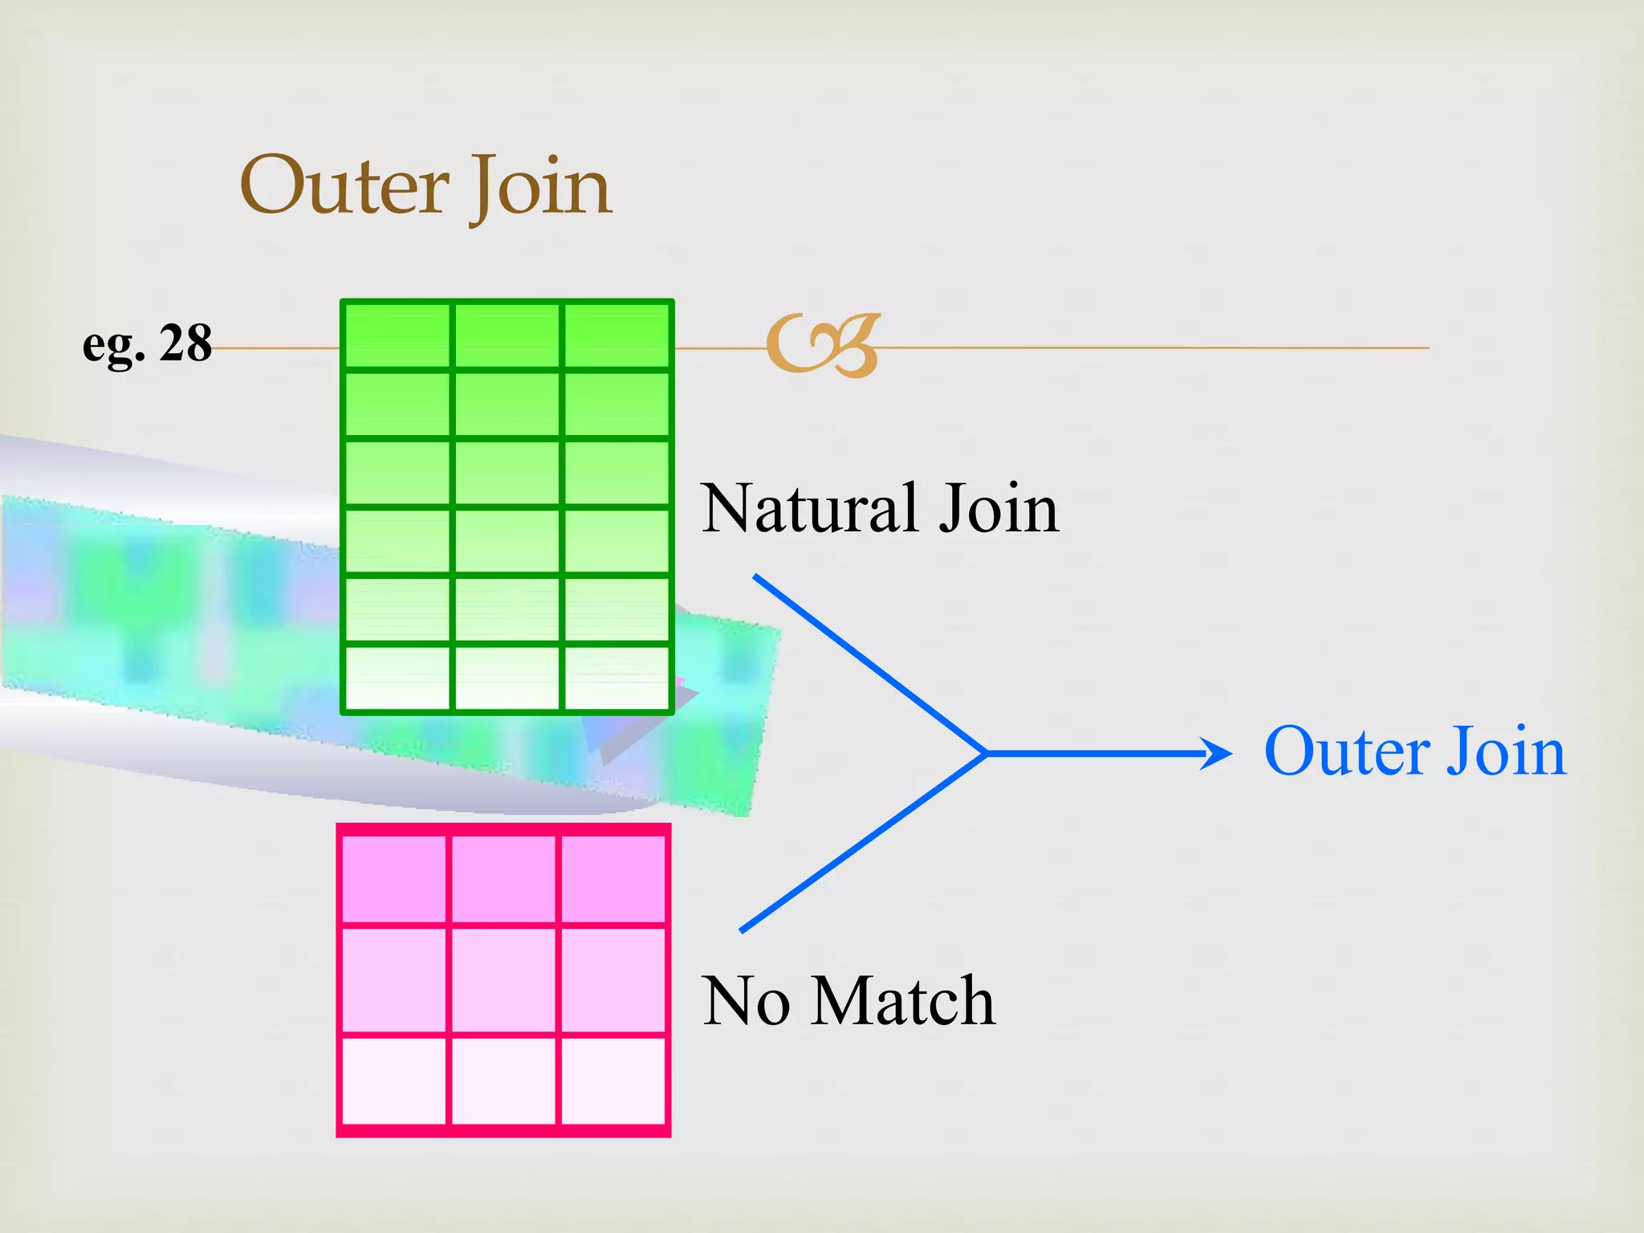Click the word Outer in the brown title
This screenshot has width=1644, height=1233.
click(344, 186)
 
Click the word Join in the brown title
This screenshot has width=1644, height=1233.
click(541, 186)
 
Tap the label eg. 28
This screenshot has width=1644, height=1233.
click(147, 344)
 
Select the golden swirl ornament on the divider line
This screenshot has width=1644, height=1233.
click(823, 345)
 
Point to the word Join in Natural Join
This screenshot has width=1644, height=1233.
click(999, 508)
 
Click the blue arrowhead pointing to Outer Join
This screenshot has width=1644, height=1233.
click(1219, 754)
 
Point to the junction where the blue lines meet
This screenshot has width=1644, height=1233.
click(986, 754)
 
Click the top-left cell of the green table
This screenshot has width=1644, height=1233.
click(397, 336)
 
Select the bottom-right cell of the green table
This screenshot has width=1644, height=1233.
click(616, 678)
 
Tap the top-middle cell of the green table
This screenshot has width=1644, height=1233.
click(507, 336)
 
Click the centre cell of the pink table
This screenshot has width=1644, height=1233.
click(503, 980)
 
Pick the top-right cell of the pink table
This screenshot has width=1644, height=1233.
click(612, 879)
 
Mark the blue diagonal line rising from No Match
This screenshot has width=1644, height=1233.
click(863, 843)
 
